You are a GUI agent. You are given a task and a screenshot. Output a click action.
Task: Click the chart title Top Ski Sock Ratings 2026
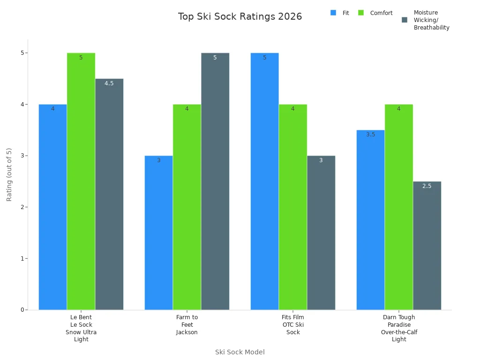tap(240, 17)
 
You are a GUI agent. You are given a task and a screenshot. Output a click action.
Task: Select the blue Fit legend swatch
tap(333, 13)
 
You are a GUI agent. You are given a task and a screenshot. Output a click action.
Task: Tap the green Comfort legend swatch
tap(361, 13)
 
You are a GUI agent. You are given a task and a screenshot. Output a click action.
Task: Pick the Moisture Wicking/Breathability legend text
tap(431, 20)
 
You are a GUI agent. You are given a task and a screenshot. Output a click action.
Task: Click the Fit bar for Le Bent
tap(52, 206)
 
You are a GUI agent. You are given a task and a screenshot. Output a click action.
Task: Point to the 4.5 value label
tap(109, 83)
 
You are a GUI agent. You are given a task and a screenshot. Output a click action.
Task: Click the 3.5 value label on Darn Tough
tap(371, 135)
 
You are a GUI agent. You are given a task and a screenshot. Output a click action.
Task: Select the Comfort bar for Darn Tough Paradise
tap(399, 206)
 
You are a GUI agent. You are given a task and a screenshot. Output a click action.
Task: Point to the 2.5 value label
tap(427, 186)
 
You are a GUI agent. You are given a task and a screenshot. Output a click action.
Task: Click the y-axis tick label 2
tap(22, 207)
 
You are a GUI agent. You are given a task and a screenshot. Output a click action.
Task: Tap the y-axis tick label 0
tap(22, 310)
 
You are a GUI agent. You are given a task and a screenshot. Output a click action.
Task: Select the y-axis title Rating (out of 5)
tap(9, 174)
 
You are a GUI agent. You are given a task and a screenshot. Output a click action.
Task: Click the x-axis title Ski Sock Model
tap(240, 352)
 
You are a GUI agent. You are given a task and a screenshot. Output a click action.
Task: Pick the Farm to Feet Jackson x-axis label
tap(187, 325)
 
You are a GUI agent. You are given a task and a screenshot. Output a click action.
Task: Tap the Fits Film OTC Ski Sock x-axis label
tap(293, 325)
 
